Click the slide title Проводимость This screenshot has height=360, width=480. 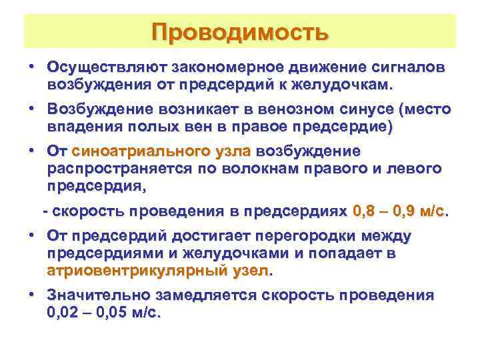click(x=240, y=32)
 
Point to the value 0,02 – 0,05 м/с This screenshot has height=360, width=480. click(x=105, y=312)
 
